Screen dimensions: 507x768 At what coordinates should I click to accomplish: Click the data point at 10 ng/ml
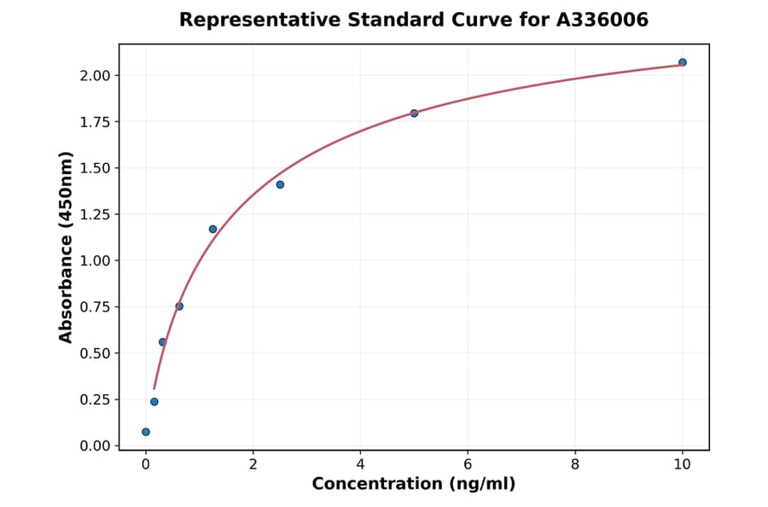[x=682, y=62]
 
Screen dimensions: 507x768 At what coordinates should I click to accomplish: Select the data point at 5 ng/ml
[x=414, y=113]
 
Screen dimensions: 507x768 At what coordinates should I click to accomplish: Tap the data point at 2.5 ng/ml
[x=280, y=184]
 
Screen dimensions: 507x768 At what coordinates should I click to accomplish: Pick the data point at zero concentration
[x=146, y=432]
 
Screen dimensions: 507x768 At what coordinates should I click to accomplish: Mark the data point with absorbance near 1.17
[x=212, y=229]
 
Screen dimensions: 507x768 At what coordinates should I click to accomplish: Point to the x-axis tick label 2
[x=253, y=464]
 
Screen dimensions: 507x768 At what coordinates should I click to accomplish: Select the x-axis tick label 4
[x=360, y=464]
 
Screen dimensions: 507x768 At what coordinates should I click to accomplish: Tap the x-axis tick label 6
[x=468, y=464]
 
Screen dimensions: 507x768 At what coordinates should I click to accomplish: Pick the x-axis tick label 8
[x=575, y=464]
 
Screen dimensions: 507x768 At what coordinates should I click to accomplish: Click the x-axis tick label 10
[x=682, y=464]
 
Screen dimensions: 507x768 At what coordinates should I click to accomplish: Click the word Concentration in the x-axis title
[x=377, y=484]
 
